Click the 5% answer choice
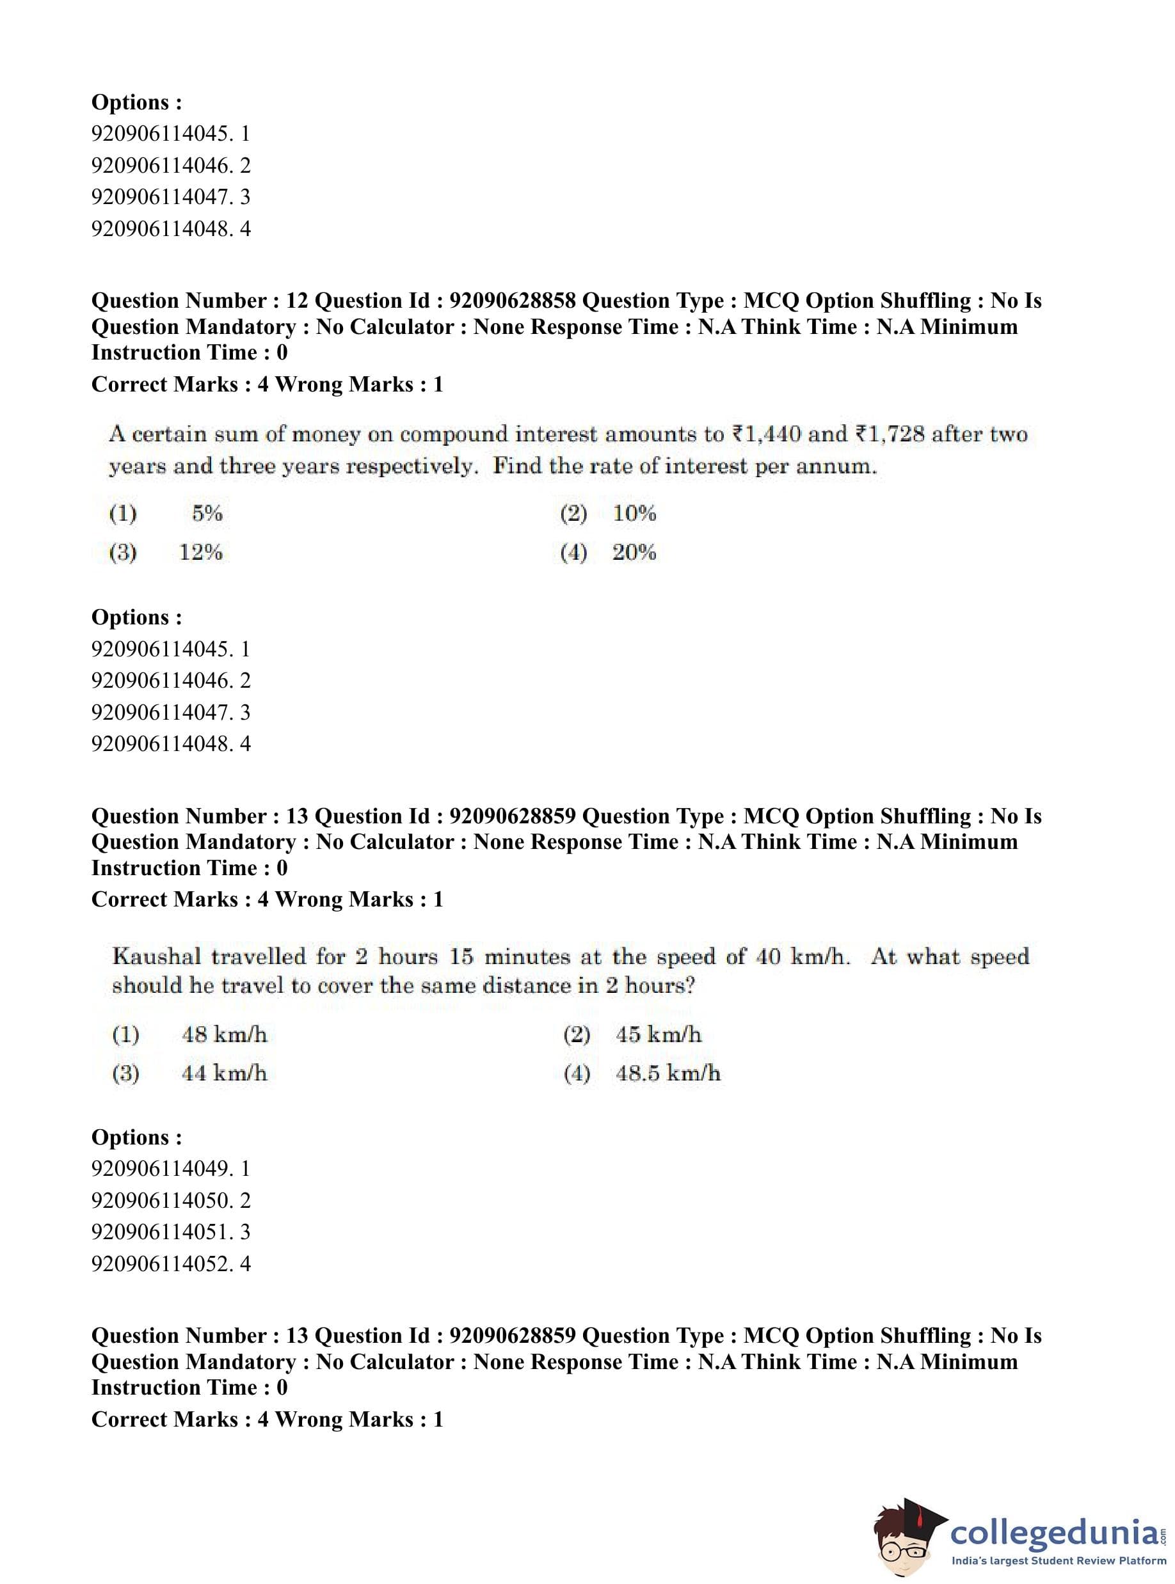(x=207, y=512)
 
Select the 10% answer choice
(x=634, y=512)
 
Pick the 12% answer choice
(x=200, y=551)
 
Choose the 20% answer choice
(x=634, y=551)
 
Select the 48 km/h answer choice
(x=225, y=1034)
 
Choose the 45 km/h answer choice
(x=659, y=1034)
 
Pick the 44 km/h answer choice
(x=225, y=1073)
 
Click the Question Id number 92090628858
(x=512, y=301)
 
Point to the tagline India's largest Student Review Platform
(x=1059, y=1561)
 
